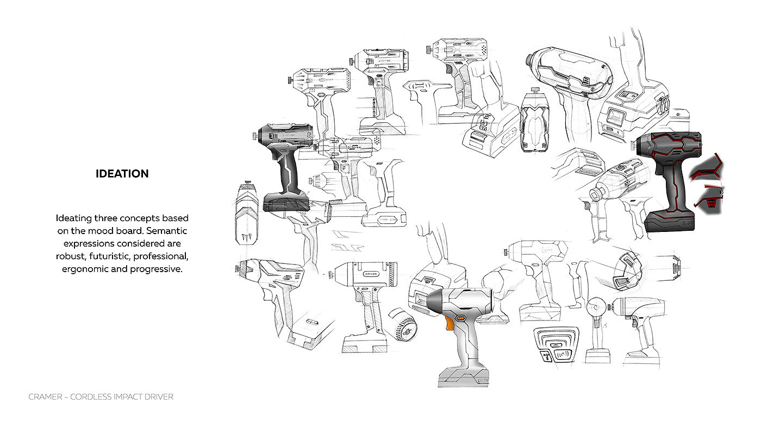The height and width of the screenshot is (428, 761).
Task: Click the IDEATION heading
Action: tap(122, 174)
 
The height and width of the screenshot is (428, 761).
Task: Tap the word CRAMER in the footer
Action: tap(45, 397)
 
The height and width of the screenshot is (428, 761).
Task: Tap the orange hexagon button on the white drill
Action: tap(461, 318)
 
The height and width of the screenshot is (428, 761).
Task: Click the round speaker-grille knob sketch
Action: tap(403, 325)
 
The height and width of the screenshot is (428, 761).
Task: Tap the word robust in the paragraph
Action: tap(71, 256)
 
